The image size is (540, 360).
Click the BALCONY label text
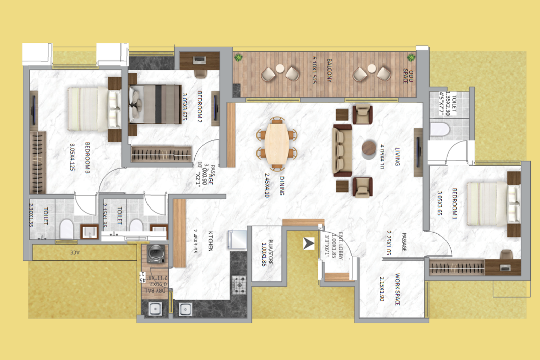[x=329, y=70]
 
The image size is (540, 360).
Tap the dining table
[x=276, y=143]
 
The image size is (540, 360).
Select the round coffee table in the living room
[x=369, y=148]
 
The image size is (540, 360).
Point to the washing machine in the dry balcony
[x=156, y=253]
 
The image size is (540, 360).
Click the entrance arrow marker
[x=308, y=243]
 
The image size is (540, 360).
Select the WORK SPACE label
[x=397, y=289]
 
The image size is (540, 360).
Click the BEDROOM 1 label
[x=454, y=204]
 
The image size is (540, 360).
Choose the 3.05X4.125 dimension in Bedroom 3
[x=72, y=157]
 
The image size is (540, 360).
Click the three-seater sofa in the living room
[x=342, y=150]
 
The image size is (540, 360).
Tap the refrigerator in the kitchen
[x=238, y=240]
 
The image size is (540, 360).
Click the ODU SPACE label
[x=408, y=76]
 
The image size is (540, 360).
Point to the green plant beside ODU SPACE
[x=411, y=58]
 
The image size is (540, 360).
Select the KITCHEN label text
[x=210, y=241]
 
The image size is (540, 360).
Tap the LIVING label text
[x=397, y=157]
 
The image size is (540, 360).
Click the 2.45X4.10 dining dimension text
[x=267, y=185]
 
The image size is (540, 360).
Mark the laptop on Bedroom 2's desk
[x=199, y=60]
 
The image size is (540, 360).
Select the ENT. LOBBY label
[x=340, y=246]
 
